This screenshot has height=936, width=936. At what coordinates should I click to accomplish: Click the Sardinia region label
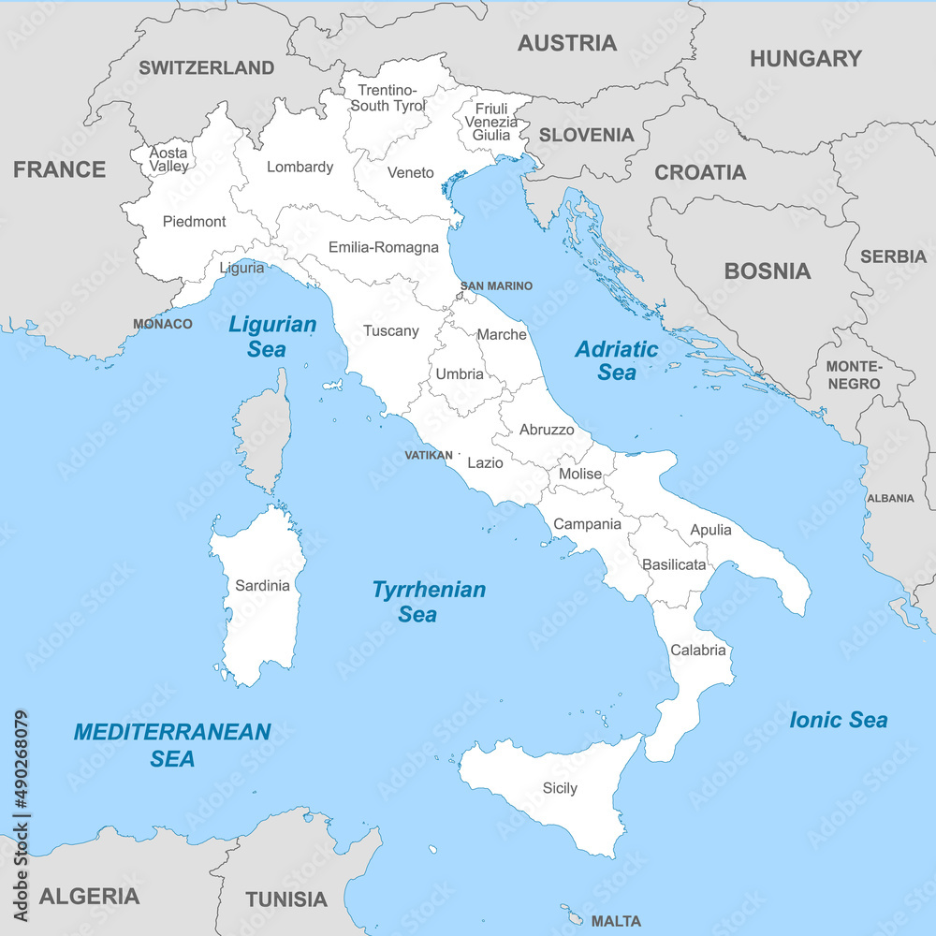tap(262, 585)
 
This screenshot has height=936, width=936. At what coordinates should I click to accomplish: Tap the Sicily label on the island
tap(560, 788)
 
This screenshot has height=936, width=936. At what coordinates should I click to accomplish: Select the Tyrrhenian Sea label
tap(429, 602)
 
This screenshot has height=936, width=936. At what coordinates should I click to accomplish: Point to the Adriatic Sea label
tap(617, 360)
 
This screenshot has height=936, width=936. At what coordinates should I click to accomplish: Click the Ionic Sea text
tap(838, 720)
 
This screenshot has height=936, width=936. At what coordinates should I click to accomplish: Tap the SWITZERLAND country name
tap(207, 67)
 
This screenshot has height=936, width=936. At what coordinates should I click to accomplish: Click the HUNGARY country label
tap(805, 59)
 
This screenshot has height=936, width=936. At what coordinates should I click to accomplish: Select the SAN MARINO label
tap(496, 285)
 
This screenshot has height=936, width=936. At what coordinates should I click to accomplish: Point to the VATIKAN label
tap(429, 455)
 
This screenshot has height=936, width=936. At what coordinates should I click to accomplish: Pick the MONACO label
tap(163, 324)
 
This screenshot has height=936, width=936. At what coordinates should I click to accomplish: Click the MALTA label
tap(616, 921)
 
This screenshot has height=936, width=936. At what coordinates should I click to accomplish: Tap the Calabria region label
tap(698, 650)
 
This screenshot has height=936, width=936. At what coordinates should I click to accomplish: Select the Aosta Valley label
tap(168, 159)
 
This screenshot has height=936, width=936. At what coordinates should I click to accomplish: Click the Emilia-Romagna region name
tap(383, 248)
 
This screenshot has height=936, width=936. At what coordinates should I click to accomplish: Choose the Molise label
tap(580, 474)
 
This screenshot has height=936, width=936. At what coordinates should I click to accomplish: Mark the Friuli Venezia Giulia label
tap(490, 122)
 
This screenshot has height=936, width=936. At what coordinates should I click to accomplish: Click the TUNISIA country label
tap(286, 899)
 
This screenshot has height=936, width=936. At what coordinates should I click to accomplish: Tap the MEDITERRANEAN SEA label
tap(172, 744)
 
